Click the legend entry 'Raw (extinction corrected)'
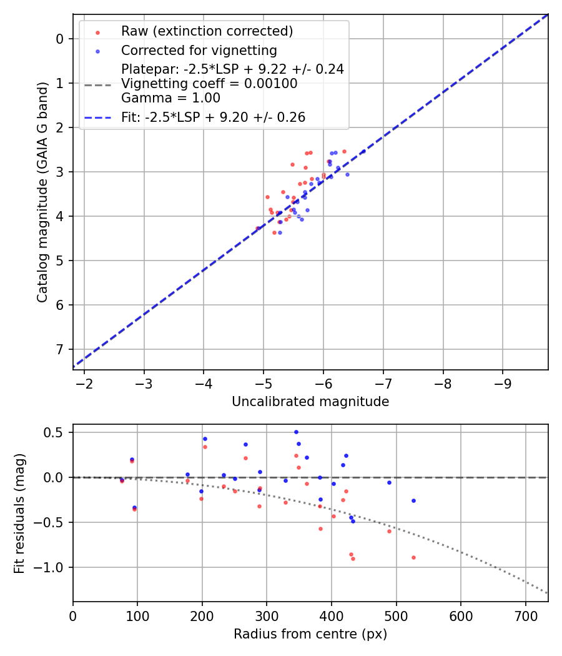207,31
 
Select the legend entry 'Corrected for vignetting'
199,50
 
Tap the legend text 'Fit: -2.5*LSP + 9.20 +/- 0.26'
213,117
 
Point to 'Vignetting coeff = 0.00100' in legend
209,84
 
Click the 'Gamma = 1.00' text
170,98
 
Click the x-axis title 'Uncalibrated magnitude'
310,402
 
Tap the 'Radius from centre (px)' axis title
310,634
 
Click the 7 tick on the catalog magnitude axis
61,349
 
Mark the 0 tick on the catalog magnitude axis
61,39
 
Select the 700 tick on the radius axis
525,615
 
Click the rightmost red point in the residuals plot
413,557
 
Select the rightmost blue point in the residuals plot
413,500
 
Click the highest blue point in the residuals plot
296,432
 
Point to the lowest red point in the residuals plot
353,559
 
